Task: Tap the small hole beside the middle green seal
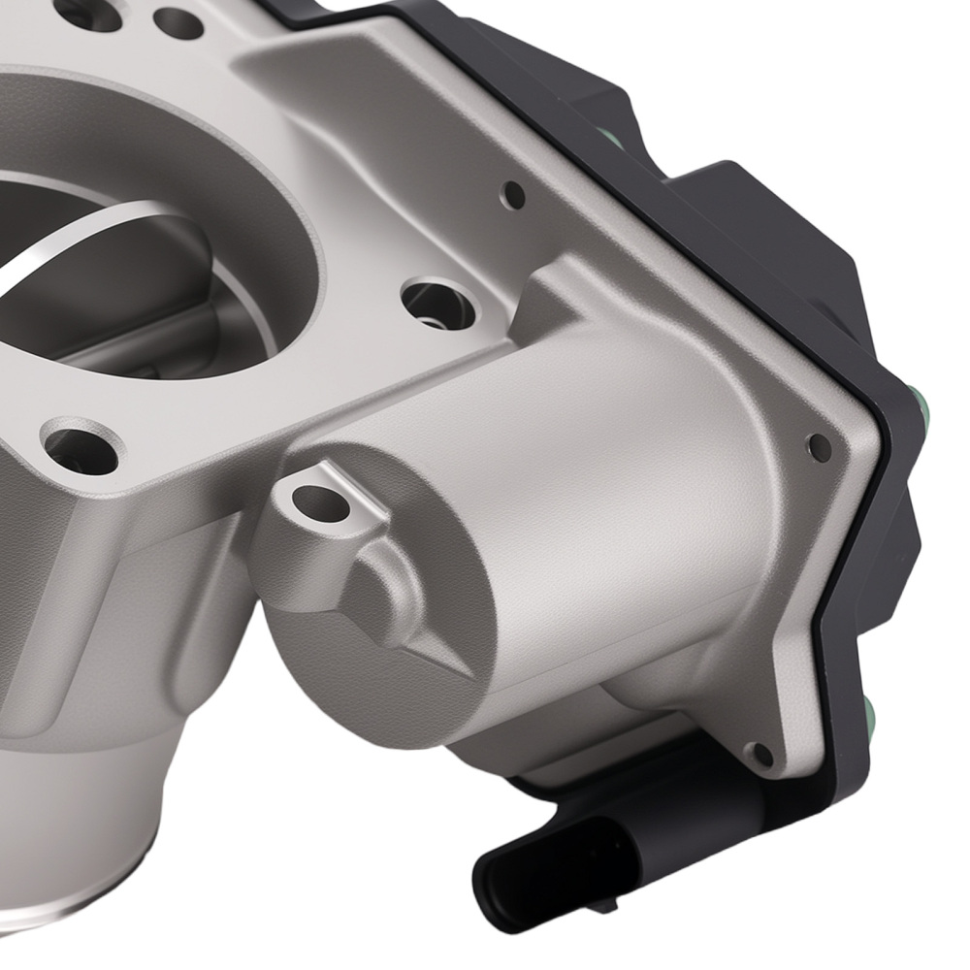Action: click(820, 446)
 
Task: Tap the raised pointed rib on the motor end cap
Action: click(388, 592)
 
